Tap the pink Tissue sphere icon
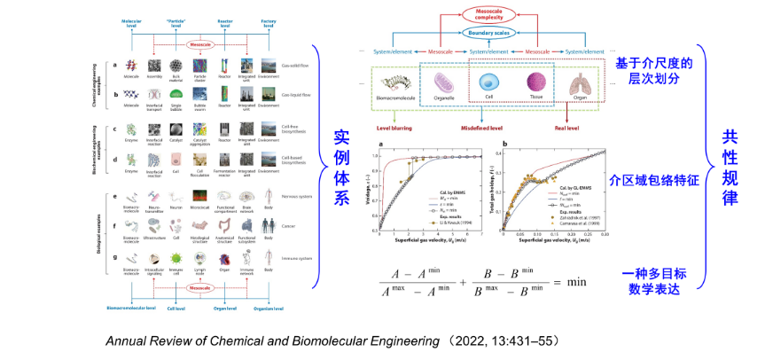pyautogui.click(x=535, y=83)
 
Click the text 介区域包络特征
pyautogui.click(x=655, y=179)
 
